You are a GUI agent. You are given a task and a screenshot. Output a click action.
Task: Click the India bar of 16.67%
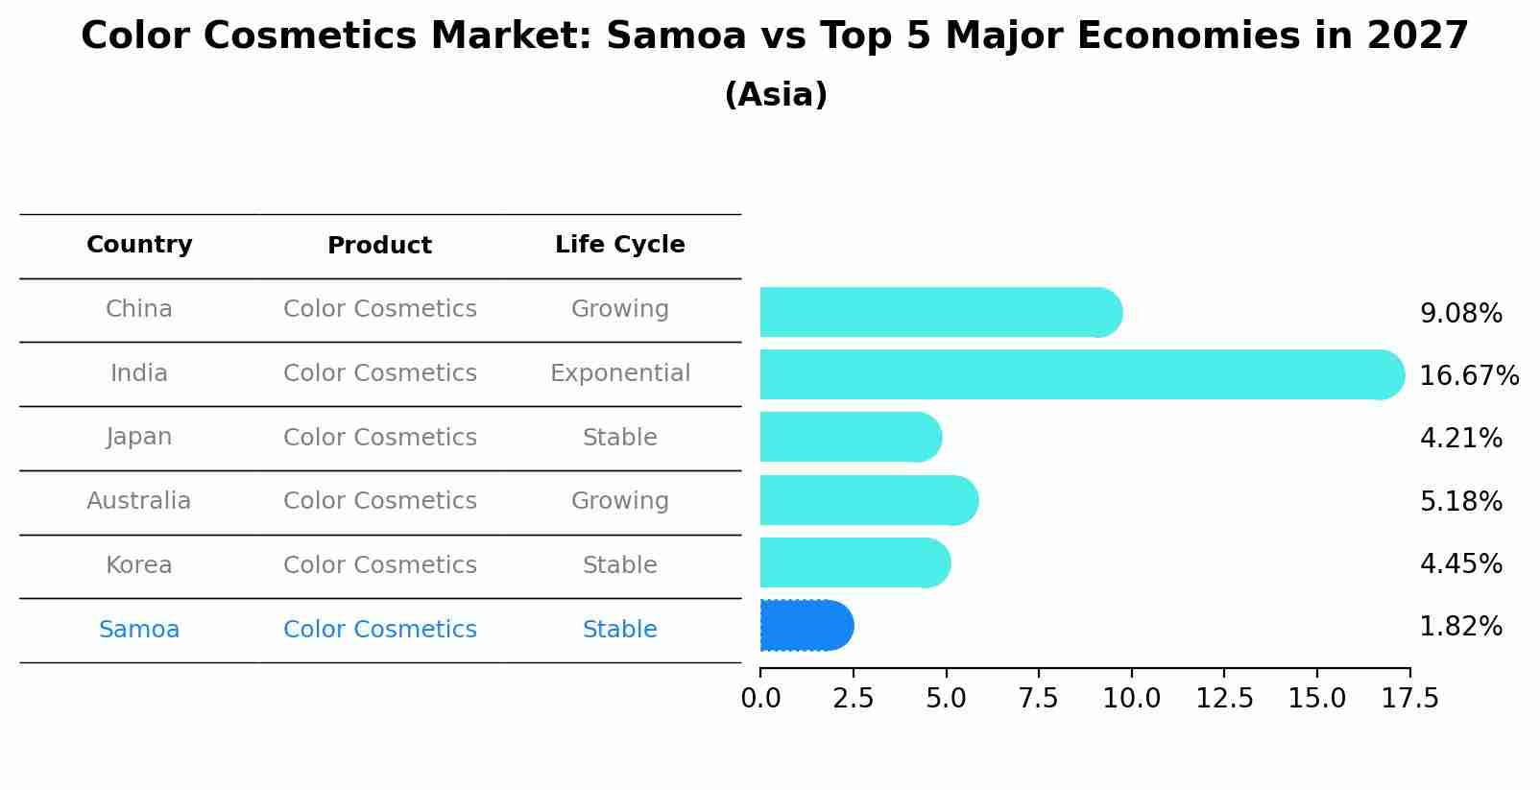[1080, 374]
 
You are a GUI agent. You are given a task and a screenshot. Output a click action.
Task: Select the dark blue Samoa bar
[806, 626]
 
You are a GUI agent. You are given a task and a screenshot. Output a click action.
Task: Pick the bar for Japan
[849, 437]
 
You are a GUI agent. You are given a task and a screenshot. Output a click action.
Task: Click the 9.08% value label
[1460, 314]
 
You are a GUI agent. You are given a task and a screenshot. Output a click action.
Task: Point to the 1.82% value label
[1460, 627]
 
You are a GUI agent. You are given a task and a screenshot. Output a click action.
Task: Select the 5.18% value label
[1460, 501]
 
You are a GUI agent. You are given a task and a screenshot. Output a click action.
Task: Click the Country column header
[139, 245]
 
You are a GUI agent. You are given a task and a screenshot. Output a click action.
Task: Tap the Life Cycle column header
[619, 245]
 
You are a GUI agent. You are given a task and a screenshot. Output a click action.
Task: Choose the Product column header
[379, 246]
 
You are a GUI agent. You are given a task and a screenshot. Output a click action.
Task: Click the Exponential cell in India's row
[619, 373]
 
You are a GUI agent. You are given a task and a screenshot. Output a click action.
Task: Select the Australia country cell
[139, 501]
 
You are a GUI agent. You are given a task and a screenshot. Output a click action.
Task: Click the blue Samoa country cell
[139, 630]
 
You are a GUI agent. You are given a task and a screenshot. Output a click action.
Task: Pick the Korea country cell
[139, 565]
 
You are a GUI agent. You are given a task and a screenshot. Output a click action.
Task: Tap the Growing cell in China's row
[619, 309]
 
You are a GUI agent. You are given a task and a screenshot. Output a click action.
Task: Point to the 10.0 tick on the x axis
[1131, 698]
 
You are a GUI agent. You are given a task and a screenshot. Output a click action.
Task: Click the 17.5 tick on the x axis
[1409, 698]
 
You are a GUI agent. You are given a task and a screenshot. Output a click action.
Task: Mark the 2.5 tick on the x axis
[854, 698]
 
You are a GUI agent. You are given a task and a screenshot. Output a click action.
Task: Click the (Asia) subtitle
[776, 95]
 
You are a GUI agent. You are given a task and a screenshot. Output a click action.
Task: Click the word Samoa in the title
[676, 36]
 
